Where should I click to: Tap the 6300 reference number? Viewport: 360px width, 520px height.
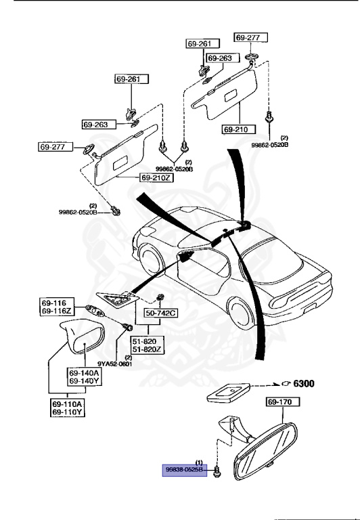pyautogui.click(x=303, y=383)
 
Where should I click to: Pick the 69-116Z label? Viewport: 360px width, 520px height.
pyautogui.click(x=57, y=310)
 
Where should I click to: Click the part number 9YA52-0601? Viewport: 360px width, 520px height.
pyautogui.click(x=114, y=364)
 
